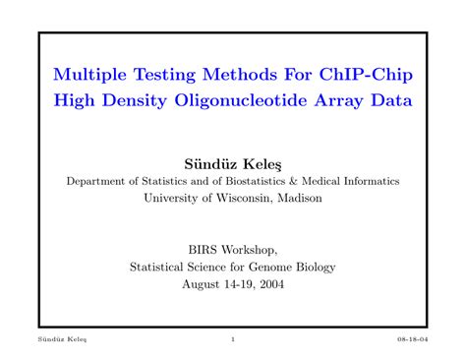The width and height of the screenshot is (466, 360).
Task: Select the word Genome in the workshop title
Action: click(x=272, y=266)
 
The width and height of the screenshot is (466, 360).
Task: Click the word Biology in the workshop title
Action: click(x=316, y=266)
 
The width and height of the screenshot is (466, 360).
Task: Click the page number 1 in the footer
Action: click(x=233, y=339)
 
